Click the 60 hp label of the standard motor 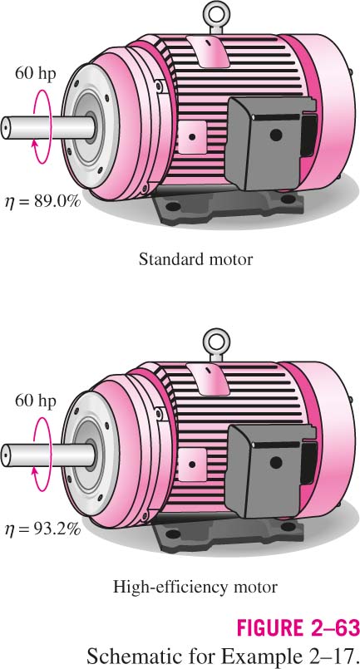click(36, 73)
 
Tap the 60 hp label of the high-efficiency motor click(36, 401)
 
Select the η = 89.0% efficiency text click(42, 201)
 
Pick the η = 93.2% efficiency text click(42, 529)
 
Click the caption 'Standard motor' click(195, 259)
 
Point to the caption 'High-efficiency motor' click(195, 587)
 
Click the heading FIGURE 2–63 click(298, 628)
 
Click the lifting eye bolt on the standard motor click(216, 17)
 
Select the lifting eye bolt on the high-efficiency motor click(216, 345)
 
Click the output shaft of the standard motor click(48, 127)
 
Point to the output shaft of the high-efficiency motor click(48, 455)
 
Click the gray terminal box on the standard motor click(271, 142)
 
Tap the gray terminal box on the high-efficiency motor click(271, 470)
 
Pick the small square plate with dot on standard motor click(192, 136)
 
